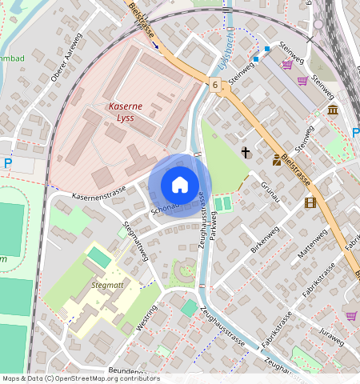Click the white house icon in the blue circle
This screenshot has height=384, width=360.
[180, 185]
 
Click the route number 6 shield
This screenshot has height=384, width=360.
[215, 84]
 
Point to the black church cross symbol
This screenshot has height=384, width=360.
[246, 152]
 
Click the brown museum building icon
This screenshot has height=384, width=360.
[332, 109]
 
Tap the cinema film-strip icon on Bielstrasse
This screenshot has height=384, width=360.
[310, 202]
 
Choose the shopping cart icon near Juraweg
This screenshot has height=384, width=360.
[351, 316]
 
